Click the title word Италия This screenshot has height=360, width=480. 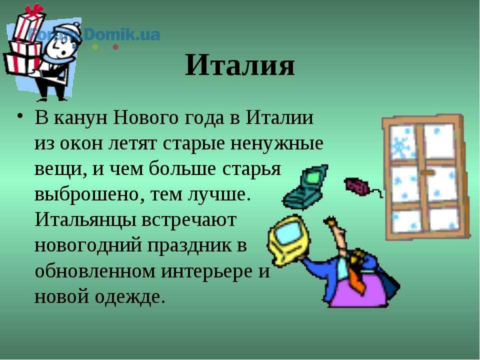(239, 65)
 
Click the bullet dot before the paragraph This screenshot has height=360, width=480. (20, 116)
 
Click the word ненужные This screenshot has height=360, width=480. (276, 143)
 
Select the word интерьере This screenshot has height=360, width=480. (215, 271)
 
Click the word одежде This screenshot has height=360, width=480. (127, 296)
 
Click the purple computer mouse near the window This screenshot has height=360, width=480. (357, 186)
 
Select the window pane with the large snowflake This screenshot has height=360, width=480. (402, 142)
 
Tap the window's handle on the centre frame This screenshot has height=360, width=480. (427, 173)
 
